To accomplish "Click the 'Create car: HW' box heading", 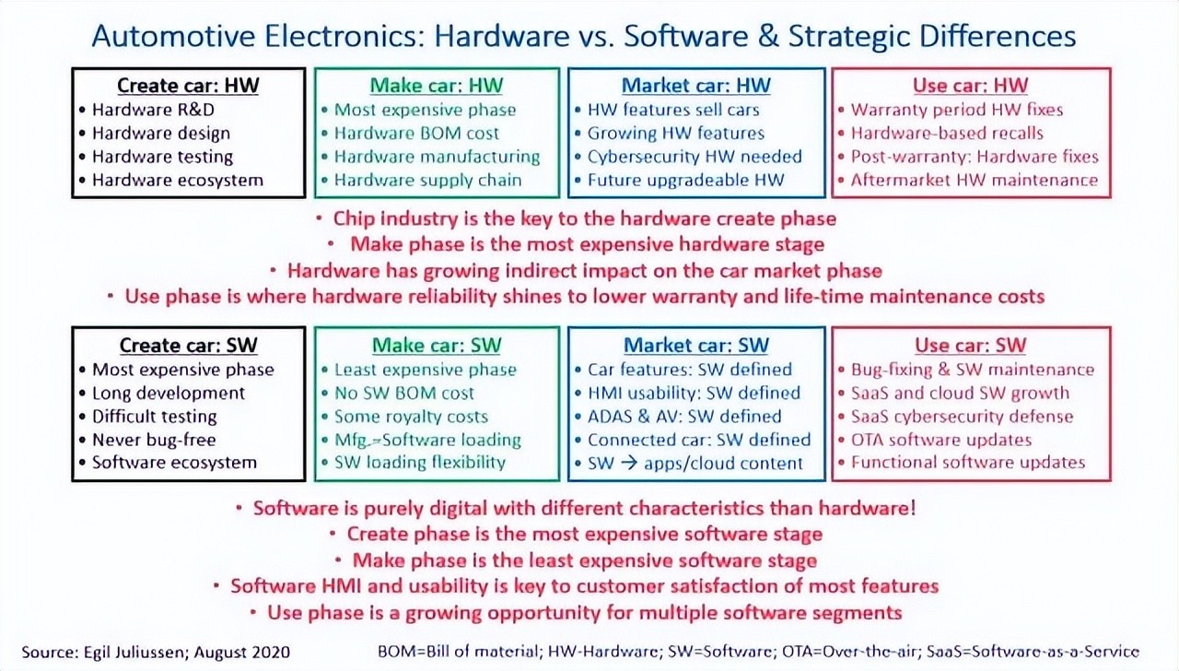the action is [188, 86].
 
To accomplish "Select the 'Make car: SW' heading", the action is [437, 345].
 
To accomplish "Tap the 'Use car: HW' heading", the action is [971, 86].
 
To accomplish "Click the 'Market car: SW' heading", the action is [696, 345].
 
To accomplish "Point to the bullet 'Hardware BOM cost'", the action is [416, 134].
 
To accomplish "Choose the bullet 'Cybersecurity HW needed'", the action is [695, 157].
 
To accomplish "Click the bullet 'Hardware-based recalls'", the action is [947, 134].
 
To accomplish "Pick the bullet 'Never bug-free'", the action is [154, 440].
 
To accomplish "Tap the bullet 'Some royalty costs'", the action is [411, 417].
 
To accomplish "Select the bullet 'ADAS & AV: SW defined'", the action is [684, 417].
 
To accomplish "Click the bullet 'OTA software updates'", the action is [941, 440].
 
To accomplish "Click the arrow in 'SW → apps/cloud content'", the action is [628, 464].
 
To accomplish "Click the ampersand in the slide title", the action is [768, 36].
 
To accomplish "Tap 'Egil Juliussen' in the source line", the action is [134, 652].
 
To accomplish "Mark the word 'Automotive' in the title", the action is [174, 36].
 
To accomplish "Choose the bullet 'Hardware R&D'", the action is [153, 110].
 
